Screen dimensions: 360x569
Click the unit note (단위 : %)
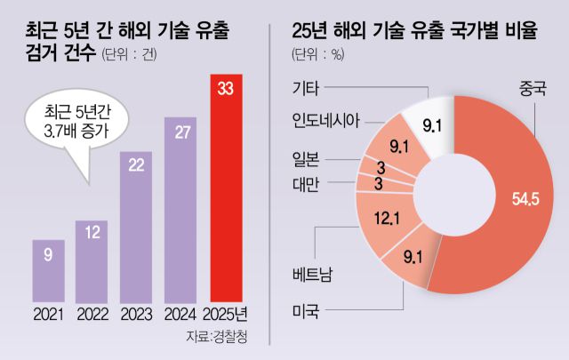[x=317, y=56]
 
